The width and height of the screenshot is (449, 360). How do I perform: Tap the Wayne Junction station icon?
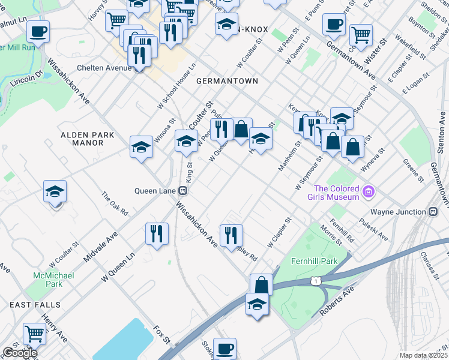point(432,212)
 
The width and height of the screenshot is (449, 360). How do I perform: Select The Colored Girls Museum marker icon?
point(369,192)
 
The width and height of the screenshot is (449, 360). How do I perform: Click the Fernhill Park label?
point(313,261)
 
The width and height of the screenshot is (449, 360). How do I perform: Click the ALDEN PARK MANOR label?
point(88,139)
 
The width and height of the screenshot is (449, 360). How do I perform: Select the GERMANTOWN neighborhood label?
point(226,81)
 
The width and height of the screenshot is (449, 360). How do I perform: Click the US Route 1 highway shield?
point(316,280)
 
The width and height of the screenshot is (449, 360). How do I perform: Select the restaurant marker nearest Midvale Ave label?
point(157,233)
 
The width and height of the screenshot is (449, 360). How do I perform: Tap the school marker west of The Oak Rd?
point(55,192)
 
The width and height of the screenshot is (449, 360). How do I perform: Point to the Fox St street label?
point(162,335)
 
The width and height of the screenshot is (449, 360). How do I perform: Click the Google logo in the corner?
point(19,353)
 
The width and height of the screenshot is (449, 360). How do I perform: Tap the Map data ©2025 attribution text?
point(423,355)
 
